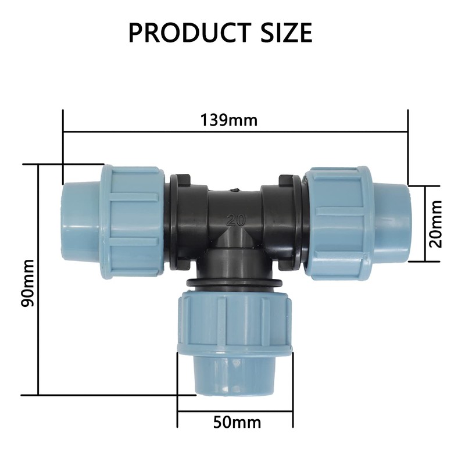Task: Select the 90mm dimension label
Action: coord(27,283)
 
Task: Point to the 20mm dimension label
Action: coord(435,224)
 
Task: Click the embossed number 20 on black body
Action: coord(235,220)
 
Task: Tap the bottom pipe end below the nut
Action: coord(235,375)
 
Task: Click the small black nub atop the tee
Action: coord(234,188)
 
